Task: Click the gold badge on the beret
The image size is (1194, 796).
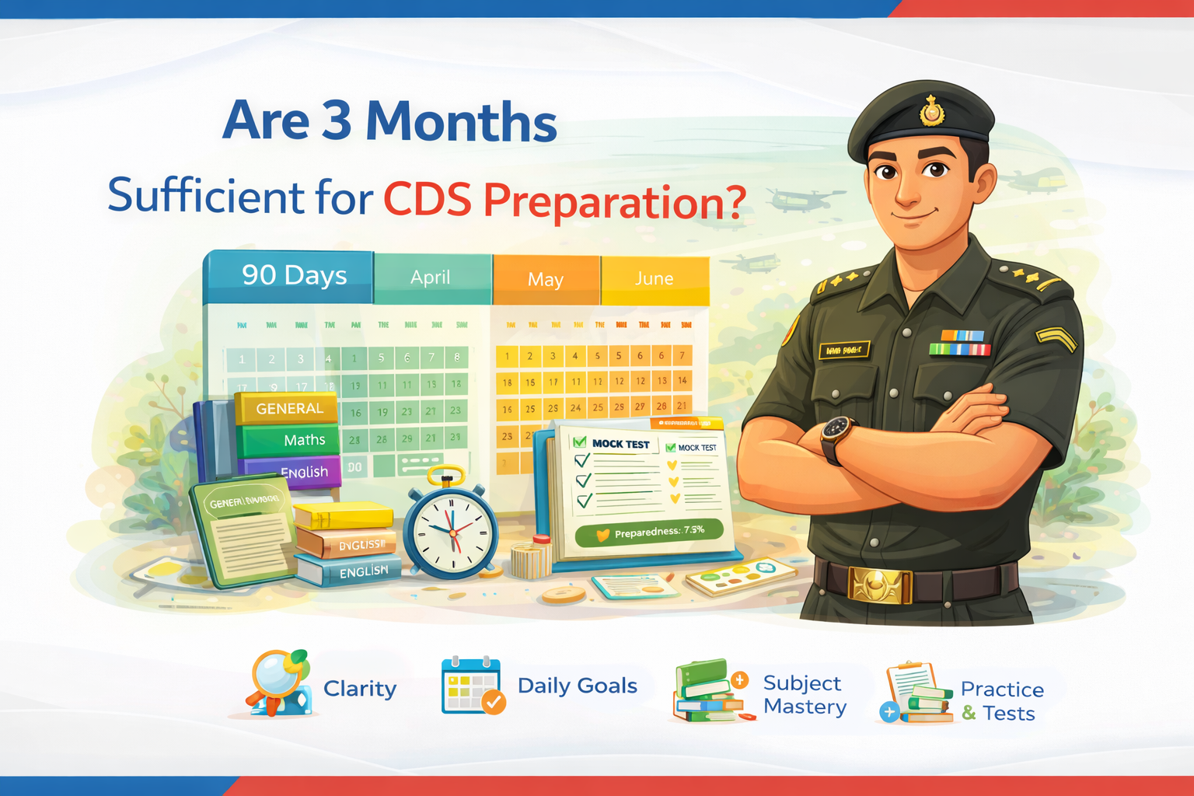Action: (x=932, y=112)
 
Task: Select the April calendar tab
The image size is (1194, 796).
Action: (x=431, y=278)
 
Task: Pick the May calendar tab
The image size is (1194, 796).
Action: (x=546, y=280)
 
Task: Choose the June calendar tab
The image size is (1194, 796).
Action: (x=655, y=278)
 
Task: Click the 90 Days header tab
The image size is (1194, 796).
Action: (x=294, y=275)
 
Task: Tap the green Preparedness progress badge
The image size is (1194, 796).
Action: (x=649, y=532)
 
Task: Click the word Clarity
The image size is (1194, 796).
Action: (x=360, y=689)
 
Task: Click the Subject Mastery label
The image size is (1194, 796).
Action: (x=805, y=695)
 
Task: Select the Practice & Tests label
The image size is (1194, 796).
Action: (x=1001, y=701)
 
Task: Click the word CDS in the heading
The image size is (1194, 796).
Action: (x=428, y=201)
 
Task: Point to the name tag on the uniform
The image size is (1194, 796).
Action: (x=844, y=351)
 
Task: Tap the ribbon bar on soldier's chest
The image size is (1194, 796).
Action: (x=961, y=343)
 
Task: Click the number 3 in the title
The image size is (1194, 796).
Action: (x=337, y=121)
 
